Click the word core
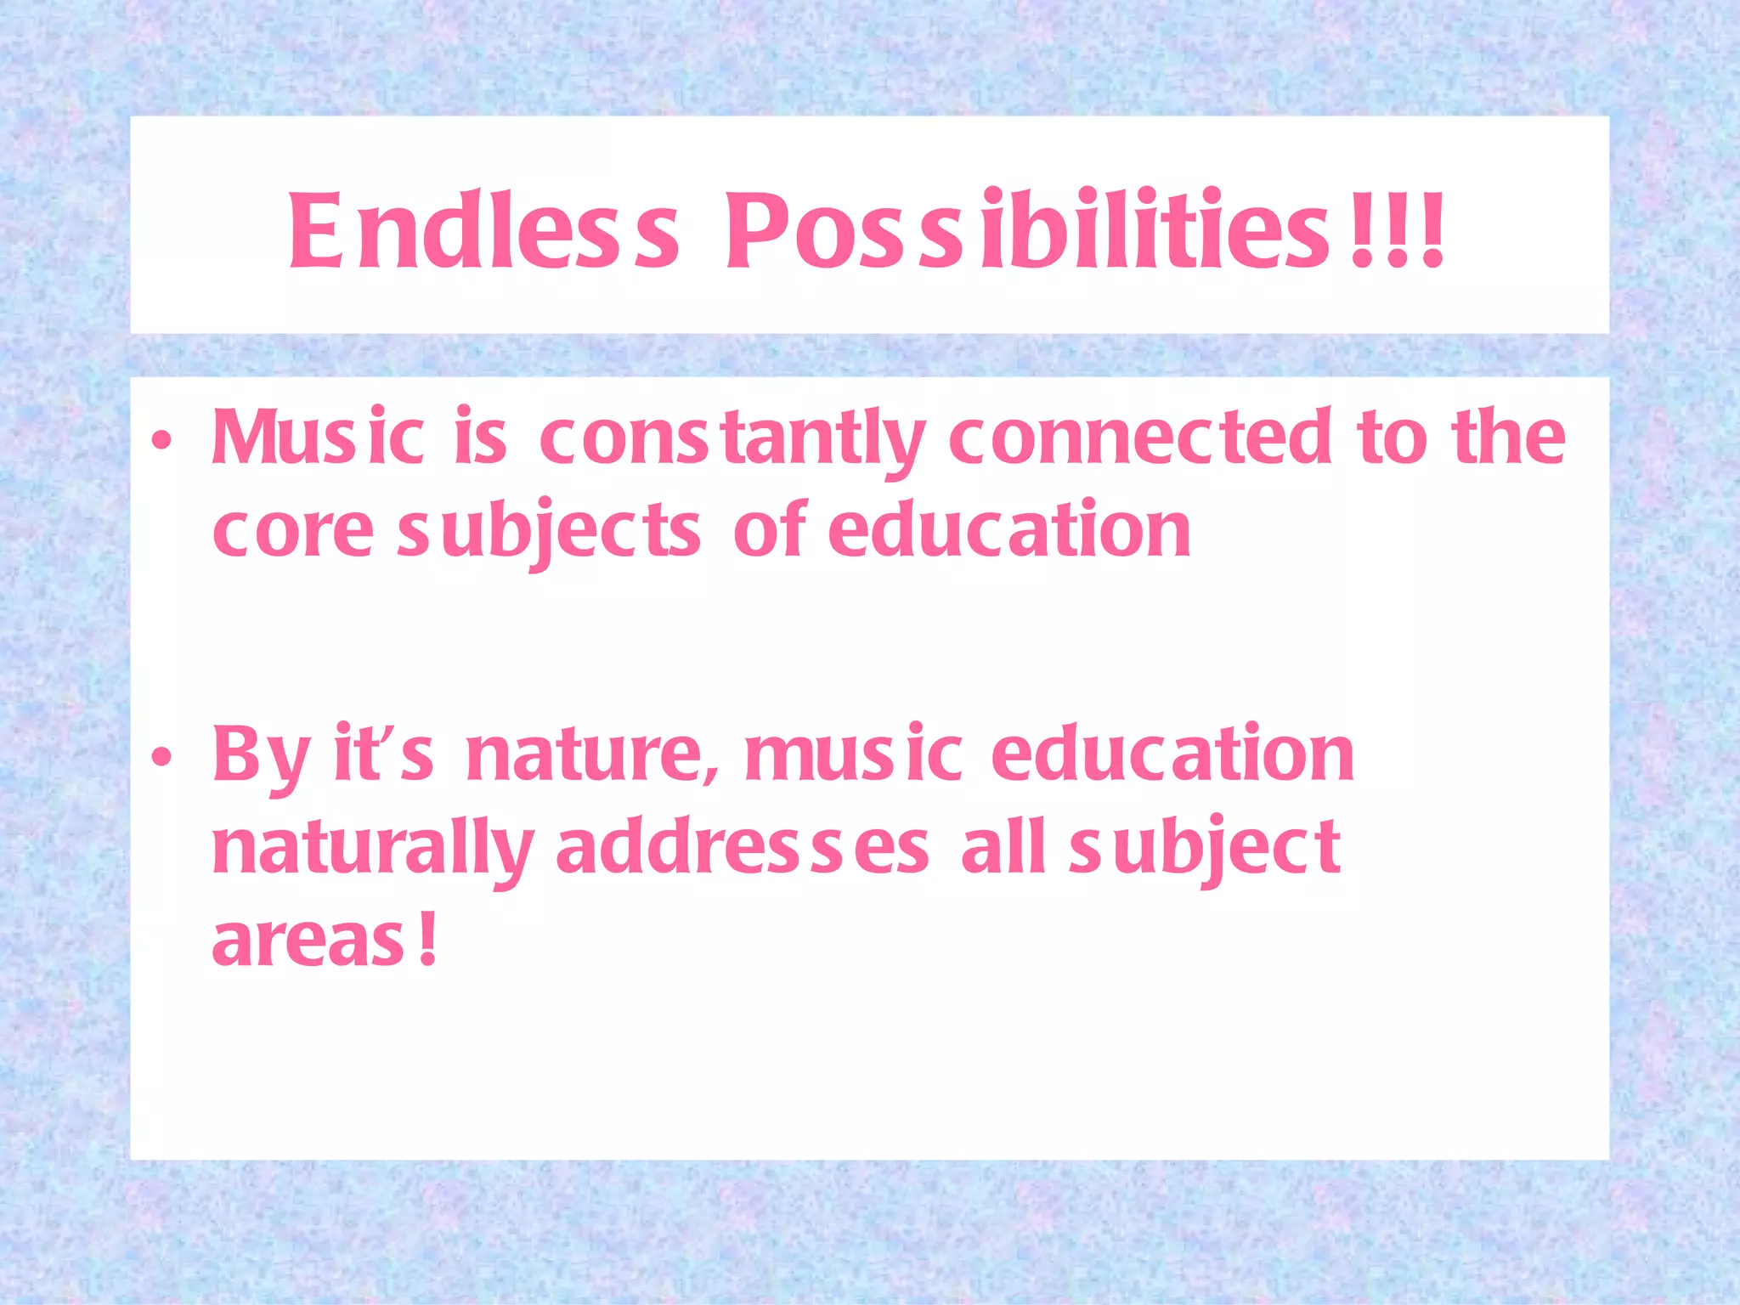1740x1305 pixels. [x=292, y=532]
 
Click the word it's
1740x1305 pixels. [x=384, y=753]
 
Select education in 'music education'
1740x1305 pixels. [x=1172, y=754]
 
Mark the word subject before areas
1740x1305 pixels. [x=1205, y=850]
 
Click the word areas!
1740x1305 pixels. [x=325, y=941]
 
